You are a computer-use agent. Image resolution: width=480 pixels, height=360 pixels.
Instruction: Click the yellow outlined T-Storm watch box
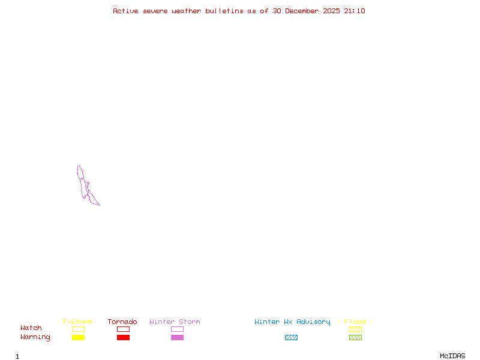(78, 329)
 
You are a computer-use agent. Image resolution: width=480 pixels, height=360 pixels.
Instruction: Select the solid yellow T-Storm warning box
(78, 337)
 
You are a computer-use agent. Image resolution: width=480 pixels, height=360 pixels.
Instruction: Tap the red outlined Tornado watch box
(123, 329)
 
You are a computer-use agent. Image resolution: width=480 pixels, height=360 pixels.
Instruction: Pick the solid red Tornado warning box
(123, 337)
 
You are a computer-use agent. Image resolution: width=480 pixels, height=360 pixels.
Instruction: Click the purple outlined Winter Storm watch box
(177, 329)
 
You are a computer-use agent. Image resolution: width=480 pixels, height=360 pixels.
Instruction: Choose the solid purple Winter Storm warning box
(177, 337)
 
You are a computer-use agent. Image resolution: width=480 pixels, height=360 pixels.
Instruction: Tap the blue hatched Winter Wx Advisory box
(291, 337)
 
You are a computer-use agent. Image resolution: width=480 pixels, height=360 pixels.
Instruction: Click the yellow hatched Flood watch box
(355, 329)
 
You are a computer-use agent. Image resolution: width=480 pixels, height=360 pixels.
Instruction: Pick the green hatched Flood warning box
(355, 337)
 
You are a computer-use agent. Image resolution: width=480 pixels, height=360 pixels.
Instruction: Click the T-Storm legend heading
(77, 322)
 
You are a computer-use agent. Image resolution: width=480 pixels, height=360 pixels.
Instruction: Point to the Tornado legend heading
(122, 322)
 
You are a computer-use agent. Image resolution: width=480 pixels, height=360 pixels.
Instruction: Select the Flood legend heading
(355, 322)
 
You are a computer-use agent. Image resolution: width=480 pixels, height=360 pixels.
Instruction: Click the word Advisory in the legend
(313, 322)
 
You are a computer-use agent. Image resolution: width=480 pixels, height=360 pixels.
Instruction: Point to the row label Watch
(31, 328)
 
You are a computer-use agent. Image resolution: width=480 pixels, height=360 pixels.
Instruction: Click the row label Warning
(35, 337)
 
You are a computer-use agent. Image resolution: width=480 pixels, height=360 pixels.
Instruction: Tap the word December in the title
(304, 11)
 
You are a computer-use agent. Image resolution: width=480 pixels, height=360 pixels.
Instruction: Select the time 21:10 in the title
(355, 11)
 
